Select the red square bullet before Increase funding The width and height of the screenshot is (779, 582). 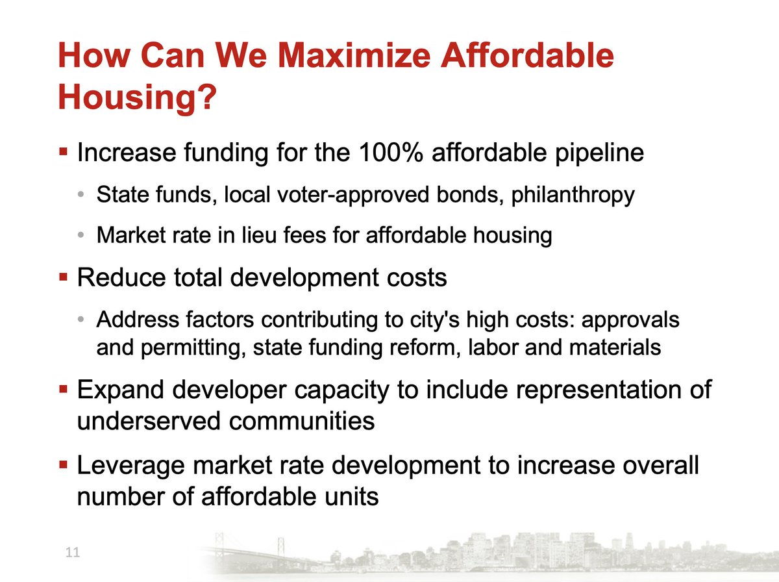(x=64, y=154)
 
